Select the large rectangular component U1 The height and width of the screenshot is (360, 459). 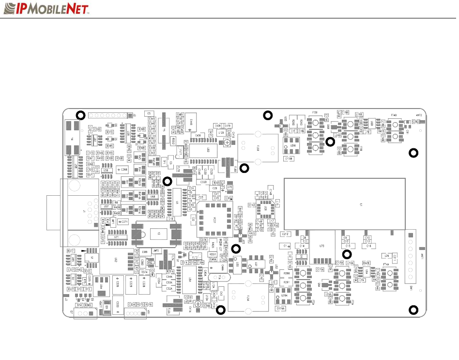click(344, 204)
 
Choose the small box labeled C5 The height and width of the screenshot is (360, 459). click(149, 114)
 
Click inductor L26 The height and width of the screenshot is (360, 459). click(386, 255)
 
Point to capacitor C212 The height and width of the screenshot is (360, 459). click(286, 234)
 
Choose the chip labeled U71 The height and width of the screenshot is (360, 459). click(116, 236)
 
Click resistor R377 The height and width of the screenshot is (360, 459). click(71, 250)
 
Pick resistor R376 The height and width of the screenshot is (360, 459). click(149, 304)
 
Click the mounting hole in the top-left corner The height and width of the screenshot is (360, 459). click(81, 115)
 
